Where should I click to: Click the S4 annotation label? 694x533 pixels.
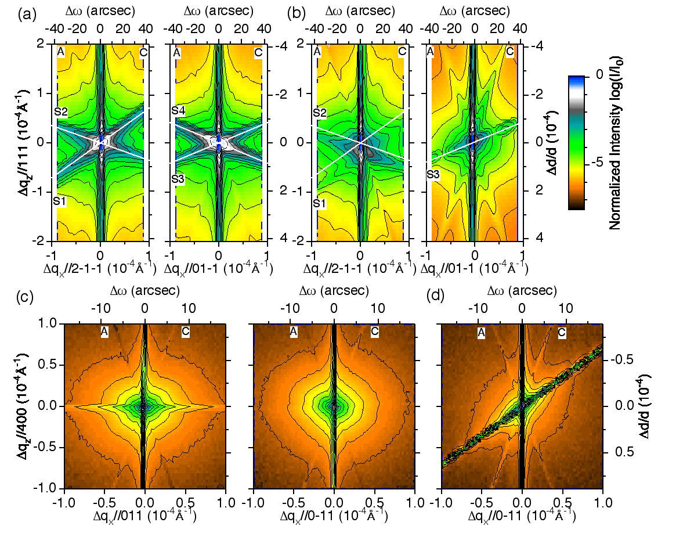tap(179, 110)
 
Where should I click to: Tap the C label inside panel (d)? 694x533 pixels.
tap(562, 332)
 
